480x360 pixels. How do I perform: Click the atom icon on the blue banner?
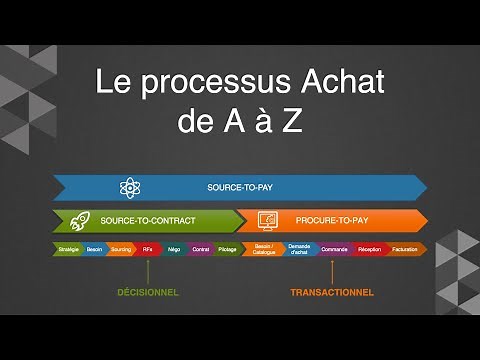(x=129, y=187)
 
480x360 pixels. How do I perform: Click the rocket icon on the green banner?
(x=77, y=219)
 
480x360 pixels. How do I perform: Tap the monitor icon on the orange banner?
(x=267, y=219)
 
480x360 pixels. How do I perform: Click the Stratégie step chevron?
(x=69, y=248)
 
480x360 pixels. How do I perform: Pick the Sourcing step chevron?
(x=121, y=248)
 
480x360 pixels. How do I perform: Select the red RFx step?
(x=148, y=248)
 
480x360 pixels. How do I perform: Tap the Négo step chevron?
(x=174, y=248)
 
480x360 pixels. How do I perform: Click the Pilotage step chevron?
(x=227, y=248)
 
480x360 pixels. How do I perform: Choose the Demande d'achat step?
(x=299, y=248)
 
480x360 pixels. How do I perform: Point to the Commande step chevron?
(x=334, y=248)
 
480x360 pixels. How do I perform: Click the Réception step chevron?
(x=369, y=248)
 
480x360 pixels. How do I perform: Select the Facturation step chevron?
(x=405, y=248)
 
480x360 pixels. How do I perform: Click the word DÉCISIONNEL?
(x=147, y=292)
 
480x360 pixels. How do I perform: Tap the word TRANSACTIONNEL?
(x=332, y=292)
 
